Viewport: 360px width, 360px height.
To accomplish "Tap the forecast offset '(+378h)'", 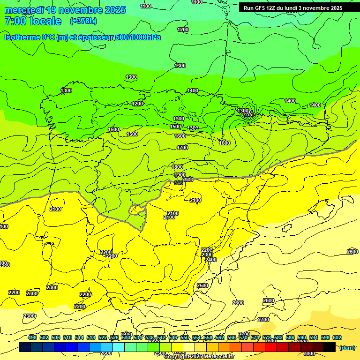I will pos(83,21).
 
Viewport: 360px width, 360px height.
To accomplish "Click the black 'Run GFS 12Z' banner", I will pos(293,8).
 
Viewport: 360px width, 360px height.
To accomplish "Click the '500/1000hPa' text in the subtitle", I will pos(139,37).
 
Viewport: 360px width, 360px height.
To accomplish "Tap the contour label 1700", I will pos(182,148).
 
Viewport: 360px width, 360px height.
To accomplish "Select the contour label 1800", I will pos(177,167).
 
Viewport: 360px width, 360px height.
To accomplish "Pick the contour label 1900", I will pos(180,175).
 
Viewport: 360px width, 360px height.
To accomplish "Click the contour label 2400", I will pos(211,260).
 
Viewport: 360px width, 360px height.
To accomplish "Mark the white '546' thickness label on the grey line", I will pos(178,183).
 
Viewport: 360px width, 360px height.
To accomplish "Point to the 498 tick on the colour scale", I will pos(32,337).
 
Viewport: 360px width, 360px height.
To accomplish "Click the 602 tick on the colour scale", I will pos(337,337).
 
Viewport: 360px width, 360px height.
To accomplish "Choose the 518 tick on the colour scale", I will pos(91,337).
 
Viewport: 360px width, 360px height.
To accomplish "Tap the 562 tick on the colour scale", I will pos(220,337).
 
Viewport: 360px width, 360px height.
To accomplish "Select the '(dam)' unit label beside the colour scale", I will pos(347,347).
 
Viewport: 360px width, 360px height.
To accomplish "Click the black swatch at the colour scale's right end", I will pos(330,347).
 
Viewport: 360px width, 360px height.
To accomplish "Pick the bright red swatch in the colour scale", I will pos(271,347).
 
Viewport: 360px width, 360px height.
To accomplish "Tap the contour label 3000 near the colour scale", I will pos(309,353).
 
